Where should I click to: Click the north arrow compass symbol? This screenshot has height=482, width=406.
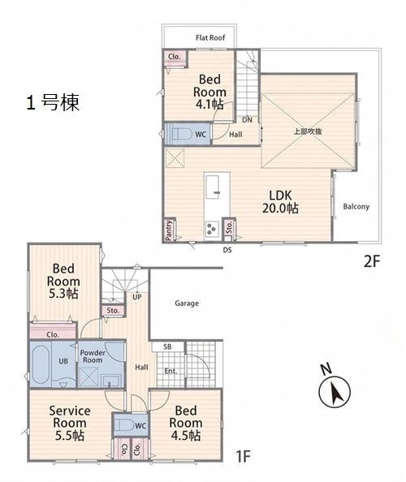pos(335,388)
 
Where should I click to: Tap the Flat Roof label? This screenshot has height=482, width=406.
pos(210,38)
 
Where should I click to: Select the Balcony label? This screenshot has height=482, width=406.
pos(356,207)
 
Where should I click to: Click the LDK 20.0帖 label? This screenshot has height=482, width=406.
pos(280,202)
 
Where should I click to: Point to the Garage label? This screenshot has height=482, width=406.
pos(187,303)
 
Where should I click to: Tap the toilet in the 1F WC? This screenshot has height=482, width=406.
pos(125,425)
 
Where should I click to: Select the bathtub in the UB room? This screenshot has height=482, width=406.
pos(41,364)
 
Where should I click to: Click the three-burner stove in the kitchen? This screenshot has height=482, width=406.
pos(212,230)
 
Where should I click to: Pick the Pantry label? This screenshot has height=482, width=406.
pos(168,230)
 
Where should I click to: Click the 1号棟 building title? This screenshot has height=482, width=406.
pos(53,103)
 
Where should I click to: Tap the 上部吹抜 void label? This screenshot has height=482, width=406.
pos(308,131)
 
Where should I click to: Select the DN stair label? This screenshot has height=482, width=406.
pos(247,120)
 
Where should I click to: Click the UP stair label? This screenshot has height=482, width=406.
pos(137,297)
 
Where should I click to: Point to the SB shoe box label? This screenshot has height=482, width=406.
pos(167,346)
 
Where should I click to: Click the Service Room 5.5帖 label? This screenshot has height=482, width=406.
pos(70,423)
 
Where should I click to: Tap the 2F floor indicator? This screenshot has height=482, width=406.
pos(372,262)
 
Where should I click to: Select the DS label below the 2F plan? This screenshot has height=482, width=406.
pos(227,250)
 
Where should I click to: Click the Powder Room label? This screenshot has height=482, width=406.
pos(93,356)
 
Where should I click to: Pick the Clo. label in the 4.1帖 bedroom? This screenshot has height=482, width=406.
pos(175,57)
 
